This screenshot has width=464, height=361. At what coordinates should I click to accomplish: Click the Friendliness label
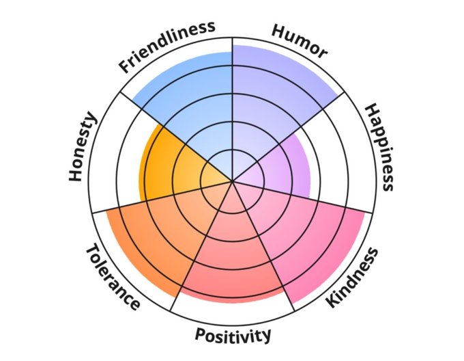pos(167,46)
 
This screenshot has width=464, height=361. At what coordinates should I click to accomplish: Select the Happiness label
pos(379,147)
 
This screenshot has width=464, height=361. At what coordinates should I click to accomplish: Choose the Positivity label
pos(233,334)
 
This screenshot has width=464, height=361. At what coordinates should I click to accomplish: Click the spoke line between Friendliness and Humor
pos(233,103)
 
